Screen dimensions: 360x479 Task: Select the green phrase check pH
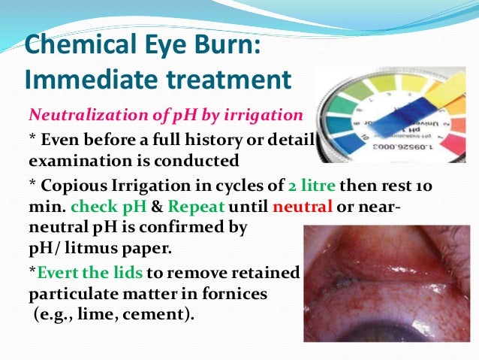(x=98, y=206)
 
